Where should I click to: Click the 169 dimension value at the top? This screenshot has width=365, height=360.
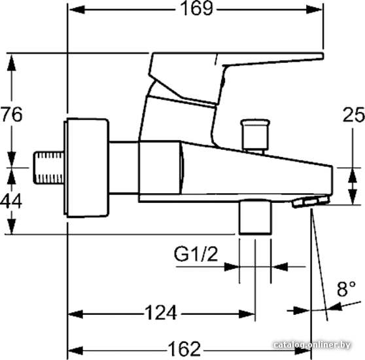click(x=197, y=9)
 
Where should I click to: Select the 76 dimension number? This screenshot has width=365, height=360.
click(x=12, y=115)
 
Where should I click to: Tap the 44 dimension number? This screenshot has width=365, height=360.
click(x=11, y=201)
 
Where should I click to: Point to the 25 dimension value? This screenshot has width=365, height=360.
click(x=354, y=115)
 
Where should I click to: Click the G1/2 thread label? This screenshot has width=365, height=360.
click(x=196, y=254)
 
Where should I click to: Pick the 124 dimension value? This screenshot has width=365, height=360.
click(x=161, y=313)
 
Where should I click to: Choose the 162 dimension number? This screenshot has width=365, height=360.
click(x=184, y=349)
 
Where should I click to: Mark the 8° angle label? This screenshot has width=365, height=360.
click(x=346, y=289)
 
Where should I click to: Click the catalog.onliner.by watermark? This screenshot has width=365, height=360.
click(x=312, y=345)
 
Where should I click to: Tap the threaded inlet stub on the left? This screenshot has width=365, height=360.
click(x=49, y=168)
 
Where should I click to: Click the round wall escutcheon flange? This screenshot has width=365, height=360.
click(x=86, y=168)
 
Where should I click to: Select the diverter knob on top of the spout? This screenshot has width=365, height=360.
click(x=255, y=135)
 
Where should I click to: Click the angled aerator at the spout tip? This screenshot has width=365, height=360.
click(x=311, y=202)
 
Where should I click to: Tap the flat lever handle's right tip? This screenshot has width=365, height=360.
click(x=322, y=56)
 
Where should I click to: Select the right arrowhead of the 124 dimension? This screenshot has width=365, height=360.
click(x=247, y=314)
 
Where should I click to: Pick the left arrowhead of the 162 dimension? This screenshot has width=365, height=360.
click(x=75, y=351)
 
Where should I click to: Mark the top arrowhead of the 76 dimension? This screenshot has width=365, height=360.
click(x=12, y=63)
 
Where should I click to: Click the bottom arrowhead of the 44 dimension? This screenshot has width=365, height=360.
click(x=11, y=226)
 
